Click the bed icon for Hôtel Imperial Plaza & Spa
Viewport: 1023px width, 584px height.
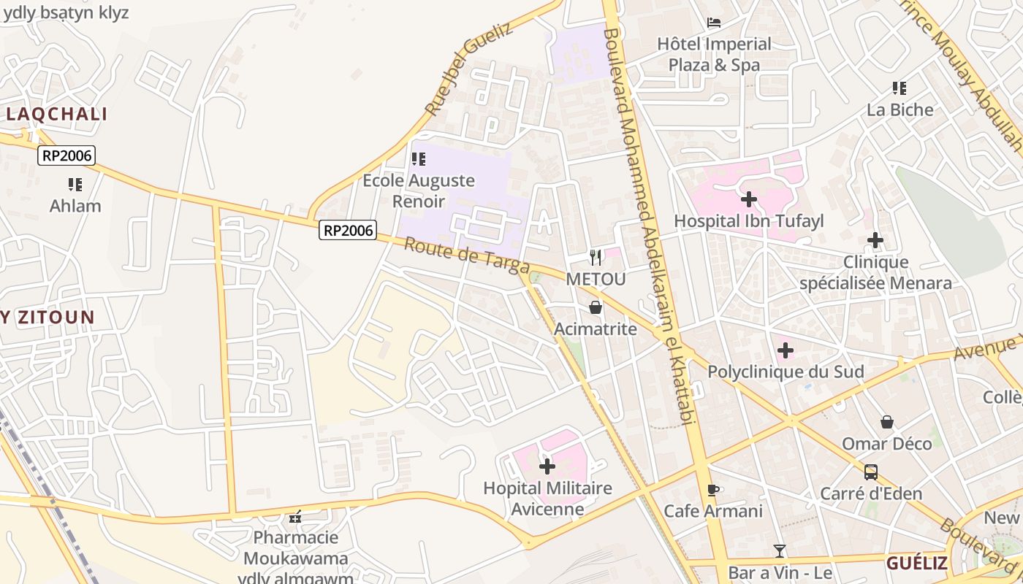[x=714, y=23]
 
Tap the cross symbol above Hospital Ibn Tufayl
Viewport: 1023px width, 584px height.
[x=748, y=199]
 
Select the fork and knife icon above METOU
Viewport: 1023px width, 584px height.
[x=596, y=257]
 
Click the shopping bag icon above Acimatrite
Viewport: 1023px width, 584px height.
[x=596, y=307]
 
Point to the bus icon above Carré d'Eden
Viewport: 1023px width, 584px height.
[x=870, y=472]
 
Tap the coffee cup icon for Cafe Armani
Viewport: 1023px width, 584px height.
[x=713, y=490]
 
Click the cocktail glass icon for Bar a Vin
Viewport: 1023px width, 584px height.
[x=780, y=551]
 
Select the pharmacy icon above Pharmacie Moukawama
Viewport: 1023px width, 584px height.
[x=295, y=517]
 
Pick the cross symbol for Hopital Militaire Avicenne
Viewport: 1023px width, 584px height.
[x=547, y=466]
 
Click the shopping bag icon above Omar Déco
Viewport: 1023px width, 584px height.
[x=886, y=422]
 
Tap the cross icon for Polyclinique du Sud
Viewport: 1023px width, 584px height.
[x=785, y=350]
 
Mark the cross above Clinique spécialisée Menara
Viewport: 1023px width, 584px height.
[x=875, y=240]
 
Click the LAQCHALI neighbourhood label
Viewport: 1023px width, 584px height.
[x=57, y=114]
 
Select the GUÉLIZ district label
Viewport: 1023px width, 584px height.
[x=916, y=564]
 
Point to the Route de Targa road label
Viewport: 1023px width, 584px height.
[x=456, y=256]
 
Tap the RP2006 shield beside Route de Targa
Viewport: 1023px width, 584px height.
[x=348, y=231]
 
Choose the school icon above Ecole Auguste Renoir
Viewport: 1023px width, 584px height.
[x=418, y=159]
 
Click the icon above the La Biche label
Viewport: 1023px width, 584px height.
[x=900, y=88]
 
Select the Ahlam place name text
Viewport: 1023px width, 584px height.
[x=75, y=206]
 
